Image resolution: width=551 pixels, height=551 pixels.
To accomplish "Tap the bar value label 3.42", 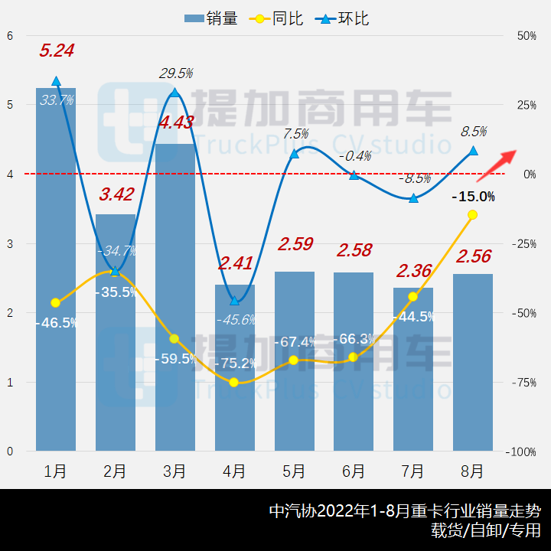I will pyautogui.click(x=116, y=194).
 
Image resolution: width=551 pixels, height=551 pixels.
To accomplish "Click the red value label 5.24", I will pyautogui.click(x=57, y=51).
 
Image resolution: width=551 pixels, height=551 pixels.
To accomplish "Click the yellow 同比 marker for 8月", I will pyautogui.click(x=472, y=215).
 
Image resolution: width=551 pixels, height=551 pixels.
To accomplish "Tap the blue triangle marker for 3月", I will pyautogui.click(x=174, y=93).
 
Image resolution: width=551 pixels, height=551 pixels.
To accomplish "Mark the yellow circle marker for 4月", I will pyautogui.click(x=234, y=382).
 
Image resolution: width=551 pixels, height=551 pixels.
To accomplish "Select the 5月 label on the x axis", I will pyautogui.click(x=294, y=471).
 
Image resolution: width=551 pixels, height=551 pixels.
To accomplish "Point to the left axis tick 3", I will pyautogui.click(x=10, y=244).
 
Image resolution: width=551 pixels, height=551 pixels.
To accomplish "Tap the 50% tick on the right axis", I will pyautogui.click(x=524, y=36).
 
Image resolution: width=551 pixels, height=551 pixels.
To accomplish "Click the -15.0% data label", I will pyautogui.click(x=473, y=197).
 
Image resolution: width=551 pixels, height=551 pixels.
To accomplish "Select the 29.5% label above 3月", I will pyautogui.click(x=175, y=73).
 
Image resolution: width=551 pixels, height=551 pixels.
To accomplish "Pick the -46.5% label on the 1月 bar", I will pyautogui.click(x=56, y=323).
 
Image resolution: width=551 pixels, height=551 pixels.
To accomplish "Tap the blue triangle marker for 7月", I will pyautogui.click(x=413, y=198).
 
